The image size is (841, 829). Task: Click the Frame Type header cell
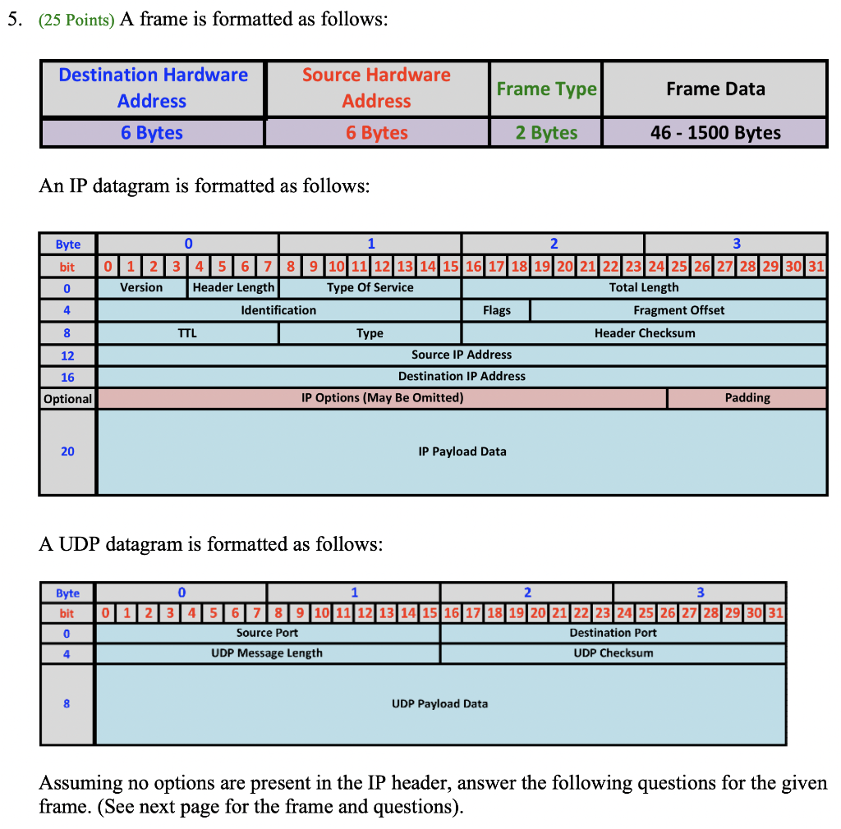pyautogui.click(x=546, y=89)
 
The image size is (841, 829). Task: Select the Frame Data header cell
pyautogui.click(x=715, y=89)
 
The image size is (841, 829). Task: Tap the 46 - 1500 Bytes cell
pyautogui.click(x=715, y=133)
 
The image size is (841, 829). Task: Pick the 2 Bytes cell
pyautogui.click(x=546, y=133)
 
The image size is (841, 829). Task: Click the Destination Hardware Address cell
pyautogui.click(x=153, y=88)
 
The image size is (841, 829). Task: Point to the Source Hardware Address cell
pyautogui.click(x=376, y=88)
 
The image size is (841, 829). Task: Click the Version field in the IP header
pyautogui.click(x=141, y=288)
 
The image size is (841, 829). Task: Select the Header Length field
pyautogui.click(x=233, y=288)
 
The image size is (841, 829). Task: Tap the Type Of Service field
pyautogui.click(x=370, y=288)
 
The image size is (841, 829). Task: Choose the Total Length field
pyautogui.click(x=644, y=288)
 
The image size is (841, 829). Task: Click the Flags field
pyautogui.click(x=496, y=310)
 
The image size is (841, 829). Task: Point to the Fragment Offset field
pyautogui.click(x=678, y=310)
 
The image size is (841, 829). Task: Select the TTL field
pyautogui.click(x=187, y=333)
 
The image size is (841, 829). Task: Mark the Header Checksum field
pyautogui.click(x=644, y=333)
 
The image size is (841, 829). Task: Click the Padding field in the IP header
pyautogui.click(x=747, y=398)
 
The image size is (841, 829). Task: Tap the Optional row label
pyautogui.click(x=67, y=399)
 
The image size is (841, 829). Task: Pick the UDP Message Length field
pyautogui.click(x=267, y=653)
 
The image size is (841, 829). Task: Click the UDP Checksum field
pyautogui.click(x=613, y=653)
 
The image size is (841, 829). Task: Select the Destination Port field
pyautogui.click(x=613, y=633)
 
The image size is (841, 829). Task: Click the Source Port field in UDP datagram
pyautogui.click(x=267, y=633)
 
